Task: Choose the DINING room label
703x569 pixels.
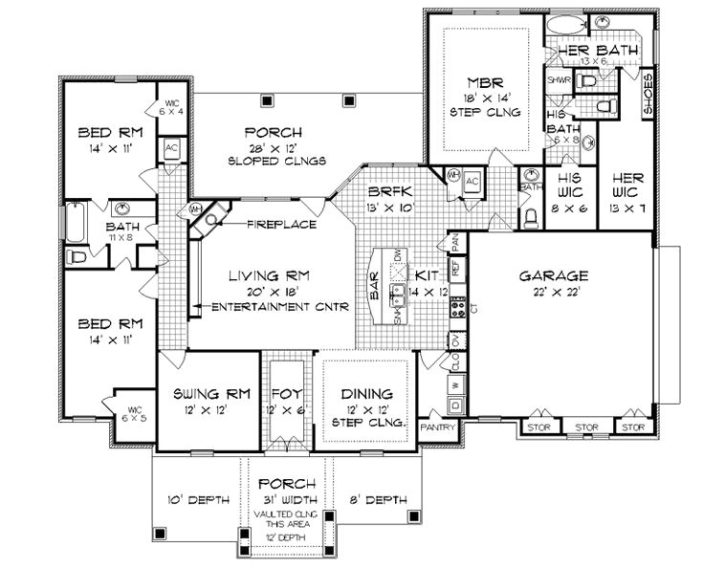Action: [368, 393]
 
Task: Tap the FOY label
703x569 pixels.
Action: [286, 393]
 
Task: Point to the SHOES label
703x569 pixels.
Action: [648, 93]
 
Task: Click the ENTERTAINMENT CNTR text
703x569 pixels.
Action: [278, 308]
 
